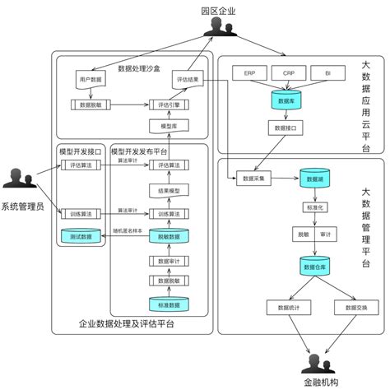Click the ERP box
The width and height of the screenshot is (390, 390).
[x=249, y=73]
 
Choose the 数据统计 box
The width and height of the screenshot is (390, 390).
[x=286, y=307]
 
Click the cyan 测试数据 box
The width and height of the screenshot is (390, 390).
[x=81, y=236]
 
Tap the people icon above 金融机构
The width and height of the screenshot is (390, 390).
[x=315, y=364]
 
